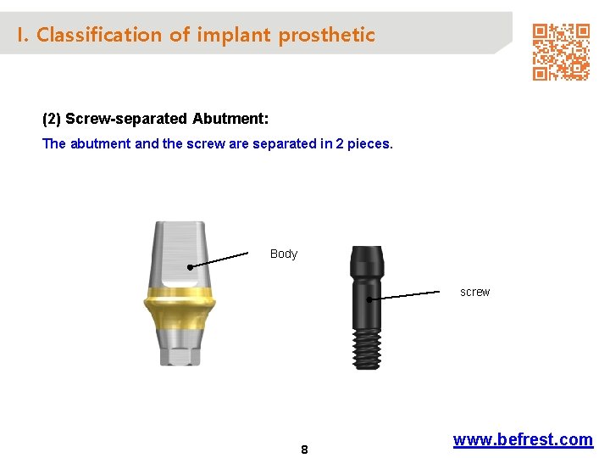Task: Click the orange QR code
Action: (560, 51)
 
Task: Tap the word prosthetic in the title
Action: (327, 36)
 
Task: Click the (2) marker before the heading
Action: (52, 118)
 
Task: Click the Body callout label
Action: (284, 254)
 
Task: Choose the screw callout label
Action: (474, 292)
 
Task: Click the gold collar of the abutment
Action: (177, 299)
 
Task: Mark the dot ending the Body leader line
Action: (191, 268)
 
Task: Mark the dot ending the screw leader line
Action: (370, 299)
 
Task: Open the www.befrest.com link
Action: (523, 439)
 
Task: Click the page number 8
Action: (304, 450)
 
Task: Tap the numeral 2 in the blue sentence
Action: (340, 143)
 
